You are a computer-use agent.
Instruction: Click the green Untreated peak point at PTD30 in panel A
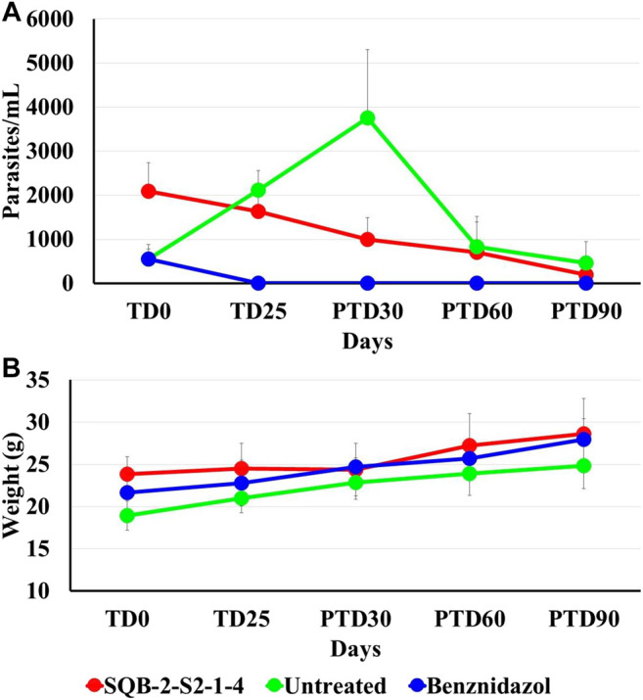click(x=367, y=117)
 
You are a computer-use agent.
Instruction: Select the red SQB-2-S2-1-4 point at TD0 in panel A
click(x=149, y=191)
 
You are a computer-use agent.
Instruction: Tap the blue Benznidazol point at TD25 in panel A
click(x=257, y=283)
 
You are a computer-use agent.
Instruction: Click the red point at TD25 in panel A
click(x=257, y=210)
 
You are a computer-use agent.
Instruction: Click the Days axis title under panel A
click(x=367, y=342)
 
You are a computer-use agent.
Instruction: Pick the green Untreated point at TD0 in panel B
click(x=149, y=515)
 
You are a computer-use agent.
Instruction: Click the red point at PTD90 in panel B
click(x=585, y=434)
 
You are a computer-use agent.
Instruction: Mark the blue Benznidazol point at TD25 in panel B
click(x=257, y=483)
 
